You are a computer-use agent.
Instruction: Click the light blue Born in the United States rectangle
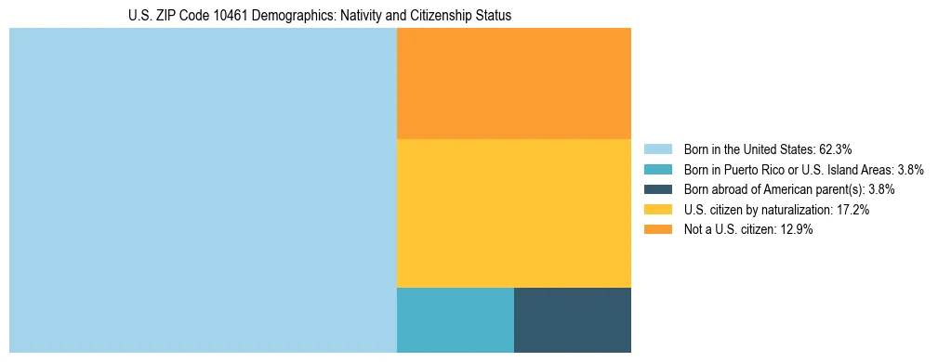[203, 190]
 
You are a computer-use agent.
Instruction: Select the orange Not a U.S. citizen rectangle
[514, 84]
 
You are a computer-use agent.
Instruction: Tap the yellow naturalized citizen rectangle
[514, 213]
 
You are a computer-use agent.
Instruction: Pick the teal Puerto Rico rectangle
[456, 320]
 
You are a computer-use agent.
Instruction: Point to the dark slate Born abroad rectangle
[573, 320]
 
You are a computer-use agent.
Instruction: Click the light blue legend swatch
[657, 149]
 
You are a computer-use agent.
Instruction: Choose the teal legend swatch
[657, 169]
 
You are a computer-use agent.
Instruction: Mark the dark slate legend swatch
[657, 189]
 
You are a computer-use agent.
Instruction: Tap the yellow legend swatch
[657, 210]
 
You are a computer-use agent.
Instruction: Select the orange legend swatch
[657, 230]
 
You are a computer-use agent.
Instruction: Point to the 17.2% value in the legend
[852, 210]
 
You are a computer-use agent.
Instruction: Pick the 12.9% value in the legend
[796, 230]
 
